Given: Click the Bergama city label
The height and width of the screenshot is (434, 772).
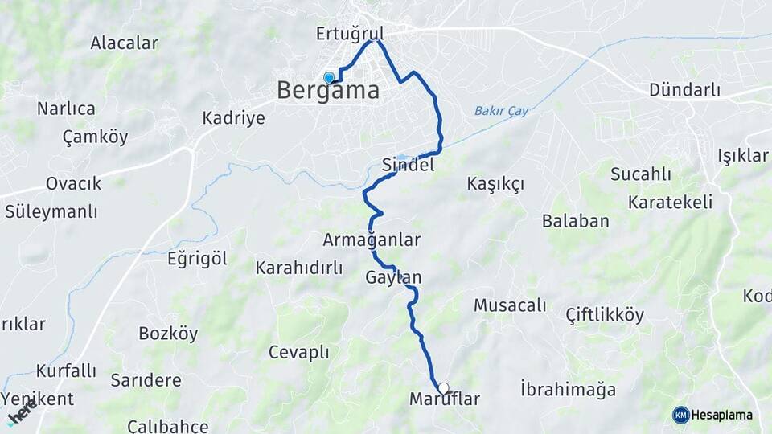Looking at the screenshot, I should [x=328, y=90].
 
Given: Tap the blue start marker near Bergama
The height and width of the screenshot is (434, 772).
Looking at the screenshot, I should [x=328, y=78].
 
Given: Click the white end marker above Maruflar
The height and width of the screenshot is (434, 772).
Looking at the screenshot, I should [x=443, y=388].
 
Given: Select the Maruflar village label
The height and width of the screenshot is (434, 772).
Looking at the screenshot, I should [x=445, y=399].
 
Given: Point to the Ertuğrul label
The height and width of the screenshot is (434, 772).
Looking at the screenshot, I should [x=350, y=34].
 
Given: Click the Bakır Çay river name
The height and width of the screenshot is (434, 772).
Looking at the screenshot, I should [x=502, y=111].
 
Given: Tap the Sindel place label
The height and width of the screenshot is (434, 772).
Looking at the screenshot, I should [x=408, y=165].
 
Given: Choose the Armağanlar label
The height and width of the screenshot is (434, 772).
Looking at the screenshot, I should [x=372, y=240].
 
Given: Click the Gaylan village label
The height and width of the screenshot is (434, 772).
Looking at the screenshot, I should [x=393, y=278].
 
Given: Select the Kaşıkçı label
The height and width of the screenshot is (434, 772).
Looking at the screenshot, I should [x=495, y=184].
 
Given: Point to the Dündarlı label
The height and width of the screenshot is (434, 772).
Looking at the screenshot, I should [x=685, y=89].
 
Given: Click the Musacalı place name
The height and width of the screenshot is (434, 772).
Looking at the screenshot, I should [x=510, y=305].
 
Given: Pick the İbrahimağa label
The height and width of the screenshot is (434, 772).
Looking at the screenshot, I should [x=568, y=390].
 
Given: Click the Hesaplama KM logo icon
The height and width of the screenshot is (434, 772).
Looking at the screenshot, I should [x=681, y=415].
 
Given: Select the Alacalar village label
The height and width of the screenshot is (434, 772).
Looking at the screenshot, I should [x=124, y=43].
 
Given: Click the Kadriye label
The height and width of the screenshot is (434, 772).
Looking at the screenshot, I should [x=233, y=118].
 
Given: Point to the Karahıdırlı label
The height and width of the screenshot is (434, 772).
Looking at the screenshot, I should [x=299, y=268].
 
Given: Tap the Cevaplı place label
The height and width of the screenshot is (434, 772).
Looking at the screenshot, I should [x=299, y=352].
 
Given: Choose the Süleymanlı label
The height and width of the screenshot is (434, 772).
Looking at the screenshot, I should [x=51, y=212].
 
